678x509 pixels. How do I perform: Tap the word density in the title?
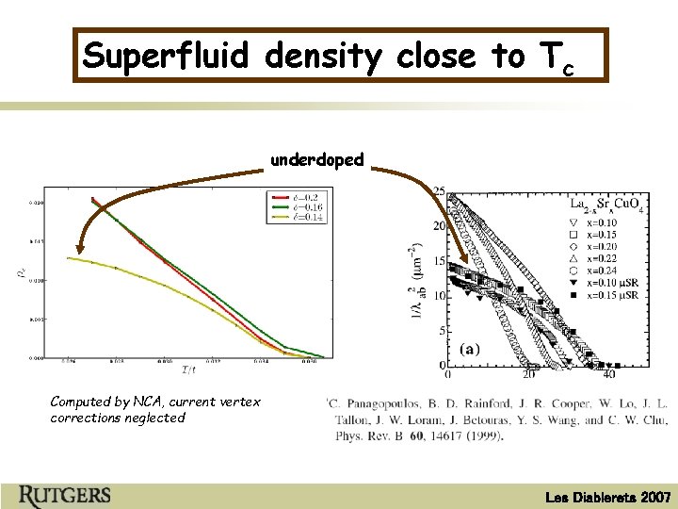pos(323,56)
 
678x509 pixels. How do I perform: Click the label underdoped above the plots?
pos(316,159)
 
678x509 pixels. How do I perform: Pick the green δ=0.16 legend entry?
pos(294,207)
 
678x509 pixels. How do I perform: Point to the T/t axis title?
pos(189,369)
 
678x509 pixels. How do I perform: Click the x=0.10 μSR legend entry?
pos(626,284)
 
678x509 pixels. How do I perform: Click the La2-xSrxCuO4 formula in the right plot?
pos(608,205)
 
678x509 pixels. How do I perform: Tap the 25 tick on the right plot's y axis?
pos(439,191)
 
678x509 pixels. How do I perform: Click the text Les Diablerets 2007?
pos(609,497)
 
